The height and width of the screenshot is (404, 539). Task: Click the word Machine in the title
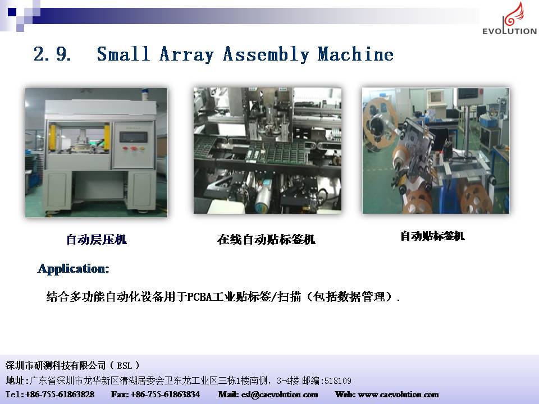(355, 54)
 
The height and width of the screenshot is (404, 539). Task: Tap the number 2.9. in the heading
(52, 54)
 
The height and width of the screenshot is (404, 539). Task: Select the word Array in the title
(186, 54)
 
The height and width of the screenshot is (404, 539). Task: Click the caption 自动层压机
(97, 240)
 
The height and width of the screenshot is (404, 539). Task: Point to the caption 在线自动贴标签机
(266, 240)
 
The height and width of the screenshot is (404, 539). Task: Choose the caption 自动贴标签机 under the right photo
(432, 236)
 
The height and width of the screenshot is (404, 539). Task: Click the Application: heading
(73, 268)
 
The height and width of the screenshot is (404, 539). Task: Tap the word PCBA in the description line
(200, 296)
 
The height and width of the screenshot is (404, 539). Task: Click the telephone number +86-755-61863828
(60, 394)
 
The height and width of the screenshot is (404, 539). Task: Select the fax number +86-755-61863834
(165, 394)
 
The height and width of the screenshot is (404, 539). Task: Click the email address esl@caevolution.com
(280, 394)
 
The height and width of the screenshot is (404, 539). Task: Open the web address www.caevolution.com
(398, 394)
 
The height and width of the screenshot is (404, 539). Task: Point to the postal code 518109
(338, 380)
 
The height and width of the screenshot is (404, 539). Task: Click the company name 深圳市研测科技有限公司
(56, 365)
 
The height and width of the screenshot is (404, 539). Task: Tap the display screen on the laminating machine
(134, 137)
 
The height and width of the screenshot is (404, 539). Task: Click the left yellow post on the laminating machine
(53, 137)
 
